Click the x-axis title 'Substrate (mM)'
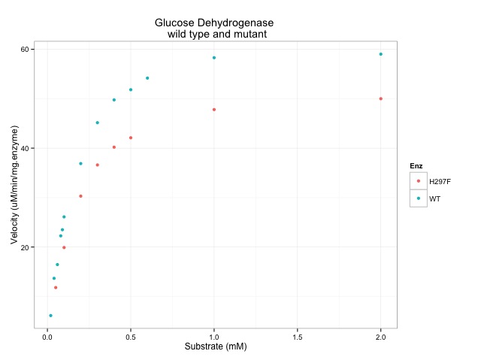pyautogui.click(x=216, y=346)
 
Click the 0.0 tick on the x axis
pyautogui.click(x=47, y=336)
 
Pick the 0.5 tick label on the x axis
pyautogui.click(x=131, y=336)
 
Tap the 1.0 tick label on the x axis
pyautogui.click(x=214, y=336)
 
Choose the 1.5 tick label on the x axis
pyautogui.click(x=298, y=336)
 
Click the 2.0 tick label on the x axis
pyautogui.click(x=381, y=336)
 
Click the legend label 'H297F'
pyautogui.click(x=440, y=181)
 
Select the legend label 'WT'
pyautogui.click(x=434, y=199)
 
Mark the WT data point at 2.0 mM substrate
pyautogui.click(x=381, y=54)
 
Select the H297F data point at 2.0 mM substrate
pyautogui.click(x=381, y=98)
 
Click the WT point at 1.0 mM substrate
pyautogui.click(x=214, y=58)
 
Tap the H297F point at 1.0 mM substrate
pyautogui.click(x=214, y=110)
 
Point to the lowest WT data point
pyautogui.click(x=50, y=316)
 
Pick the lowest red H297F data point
pyautogui.click(x=56, y=287)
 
